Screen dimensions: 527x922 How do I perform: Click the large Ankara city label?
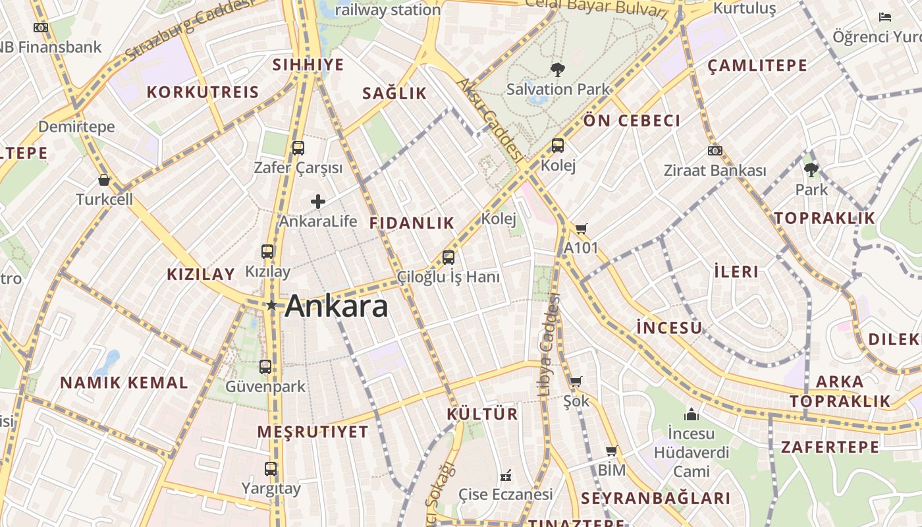coord(337,306)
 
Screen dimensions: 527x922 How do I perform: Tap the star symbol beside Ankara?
coord(271,305)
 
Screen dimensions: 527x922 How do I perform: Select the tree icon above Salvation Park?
coord(557,69)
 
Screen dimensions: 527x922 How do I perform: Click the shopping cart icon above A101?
coord(581,229)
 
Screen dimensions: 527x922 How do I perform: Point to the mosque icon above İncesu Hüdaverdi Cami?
coord(691,414)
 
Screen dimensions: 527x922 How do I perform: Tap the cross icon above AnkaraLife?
coord(318,202)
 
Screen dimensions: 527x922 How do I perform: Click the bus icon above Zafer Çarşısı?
coord(298,148)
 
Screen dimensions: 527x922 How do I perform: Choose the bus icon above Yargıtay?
coord(271,469)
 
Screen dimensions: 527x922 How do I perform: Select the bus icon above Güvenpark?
coord(265,367)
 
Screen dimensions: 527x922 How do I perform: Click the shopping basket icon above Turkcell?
coord(104,180)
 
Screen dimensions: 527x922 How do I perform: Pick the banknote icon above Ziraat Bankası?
coord(715,151)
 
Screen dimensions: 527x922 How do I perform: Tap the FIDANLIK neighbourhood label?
coord(412,223)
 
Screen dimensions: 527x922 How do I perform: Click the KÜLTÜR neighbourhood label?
coord(482,414)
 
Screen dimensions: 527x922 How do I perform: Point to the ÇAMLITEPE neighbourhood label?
coord(757,65)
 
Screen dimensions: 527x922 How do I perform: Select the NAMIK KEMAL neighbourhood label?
coord(124,383)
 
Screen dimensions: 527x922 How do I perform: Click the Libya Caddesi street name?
coord(548,345)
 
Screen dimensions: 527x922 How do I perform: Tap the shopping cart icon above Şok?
coord(576,381)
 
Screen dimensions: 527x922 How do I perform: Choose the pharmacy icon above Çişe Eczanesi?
coord(506,476)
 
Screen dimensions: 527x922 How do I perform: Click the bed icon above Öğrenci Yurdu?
coord(885,17)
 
